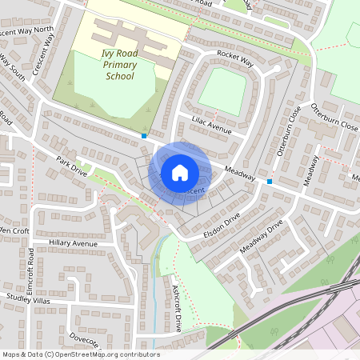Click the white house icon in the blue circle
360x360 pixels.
[x=179, y=173]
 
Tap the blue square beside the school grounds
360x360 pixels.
[x=144, y=136]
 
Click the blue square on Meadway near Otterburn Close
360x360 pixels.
[x=270, y=182]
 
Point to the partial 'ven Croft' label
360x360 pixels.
[x=14, y=230]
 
